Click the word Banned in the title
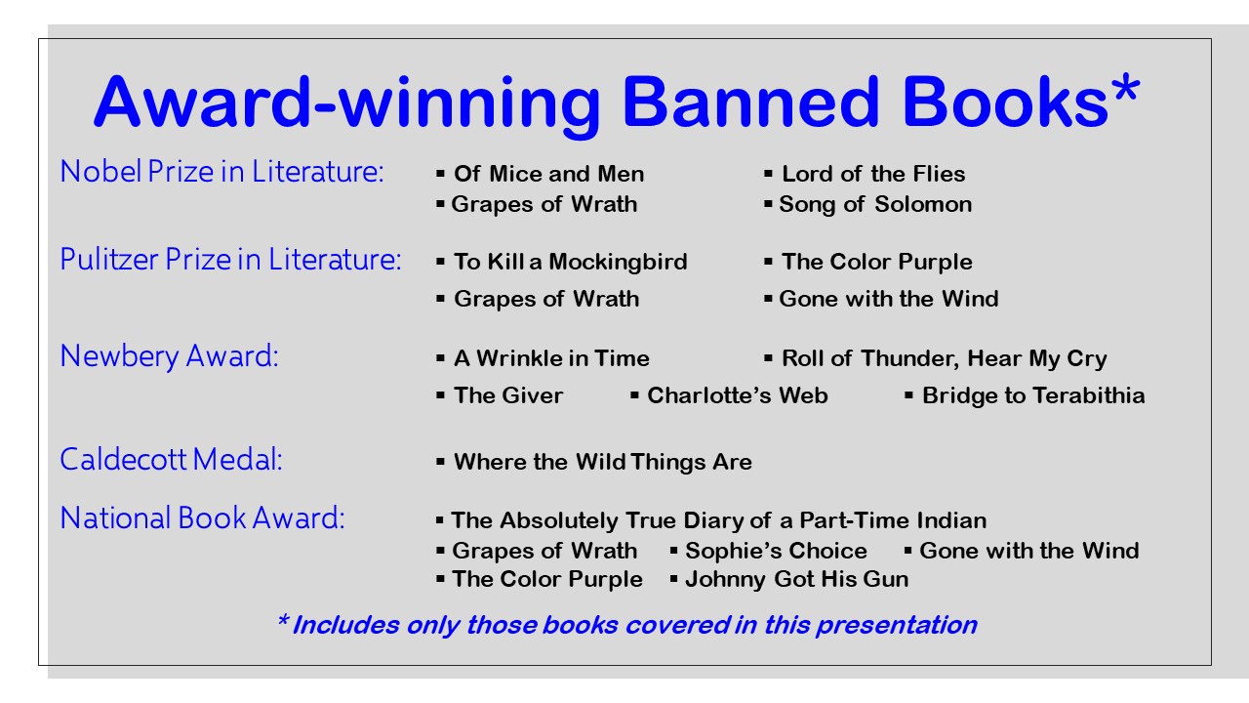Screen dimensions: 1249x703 click(x=750, y=103)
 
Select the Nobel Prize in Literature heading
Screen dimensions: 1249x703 click(x=222, y=171)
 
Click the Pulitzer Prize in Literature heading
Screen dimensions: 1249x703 click(x=230, y=260)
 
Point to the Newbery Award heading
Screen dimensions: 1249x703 click(x=169, y=356)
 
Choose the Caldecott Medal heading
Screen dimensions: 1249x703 click(x=171, y=459)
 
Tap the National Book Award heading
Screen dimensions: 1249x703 click(x=202, y=517)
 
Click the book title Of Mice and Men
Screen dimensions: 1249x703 click(x=549, y=174)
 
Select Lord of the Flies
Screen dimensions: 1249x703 click(x=873, y=174)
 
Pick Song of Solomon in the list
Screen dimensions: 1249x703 click(x=875, y=205)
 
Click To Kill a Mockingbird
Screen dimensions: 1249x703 click(x=571, y=263)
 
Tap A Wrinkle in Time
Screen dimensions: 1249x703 click(x=552, y=358)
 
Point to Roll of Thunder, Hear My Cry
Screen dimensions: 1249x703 click(x=945, y=358)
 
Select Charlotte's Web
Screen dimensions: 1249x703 click(x=737, y=395)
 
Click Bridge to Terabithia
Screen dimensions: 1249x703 click(x=1033, y=395)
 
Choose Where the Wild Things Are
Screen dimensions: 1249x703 click(x=603, y=462)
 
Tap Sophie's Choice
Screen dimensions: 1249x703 click(x=776, y=552)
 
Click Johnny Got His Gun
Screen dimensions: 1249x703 click(x=797, y=580)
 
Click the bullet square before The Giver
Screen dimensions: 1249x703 click(x=440, y=395)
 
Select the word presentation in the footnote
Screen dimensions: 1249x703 click(x=897, y=626)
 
